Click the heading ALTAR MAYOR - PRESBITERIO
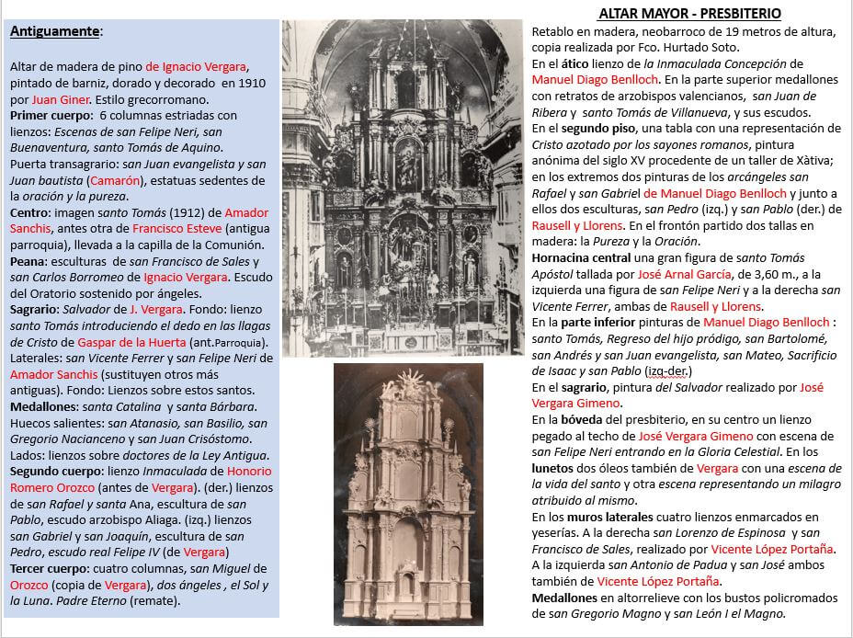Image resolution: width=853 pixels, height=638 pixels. [688, 14]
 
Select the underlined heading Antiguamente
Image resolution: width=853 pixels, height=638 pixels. [54, 31]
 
